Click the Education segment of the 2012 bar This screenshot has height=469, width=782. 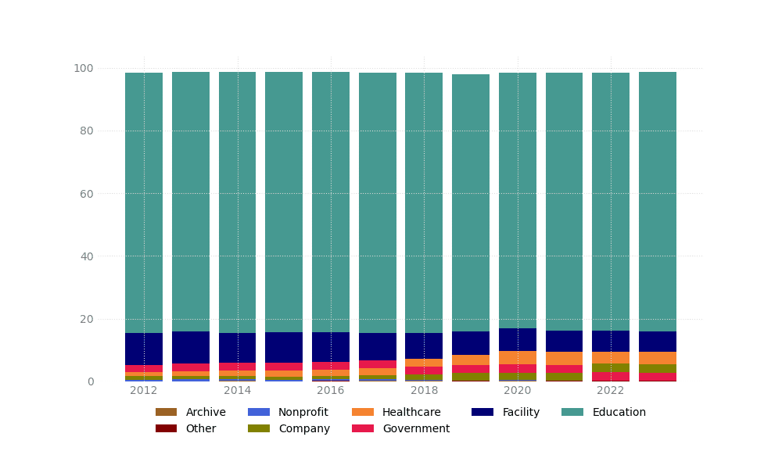(x=144, y=203)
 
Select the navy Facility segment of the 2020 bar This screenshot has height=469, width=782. (x=518, y=339)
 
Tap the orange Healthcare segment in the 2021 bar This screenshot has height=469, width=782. (x=564, y=358)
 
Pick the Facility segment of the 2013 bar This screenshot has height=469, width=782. (x=191, y=347)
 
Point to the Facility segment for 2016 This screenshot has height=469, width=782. (x=331, y=347)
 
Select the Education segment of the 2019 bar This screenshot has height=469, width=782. (x=471, y=203)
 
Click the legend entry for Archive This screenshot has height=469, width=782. (x=191, y=412)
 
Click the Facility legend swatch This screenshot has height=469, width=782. (x=482, y=412)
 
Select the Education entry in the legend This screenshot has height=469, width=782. (x=603, y=412)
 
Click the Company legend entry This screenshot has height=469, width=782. (x=288, y=428)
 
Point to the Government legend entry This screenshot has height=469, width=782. (x=400, y=428)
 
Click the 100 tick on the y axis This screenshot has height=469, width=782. (x=84, y=68)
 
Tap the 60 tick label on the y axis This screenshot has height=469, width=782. (x=86, y=193)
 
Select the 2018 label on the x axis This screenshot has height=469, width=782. (x=424, y=391)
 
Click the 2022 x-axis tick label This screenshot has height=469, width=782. (x=611, y=391)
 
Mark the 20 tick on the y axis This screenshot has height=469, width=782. (x=86, y=319)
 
